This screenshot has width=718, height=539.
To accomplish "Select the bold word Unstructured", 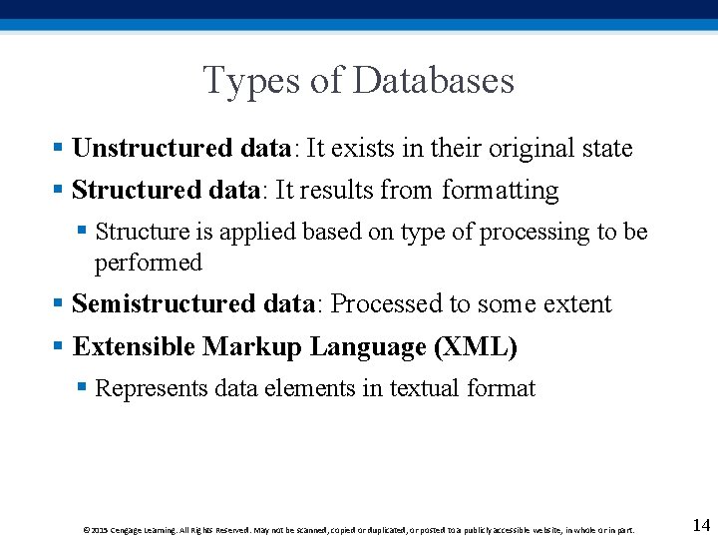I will click(x=152, y=149).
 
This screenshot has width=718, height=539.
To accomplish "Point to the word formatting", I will click(x=501, y=191).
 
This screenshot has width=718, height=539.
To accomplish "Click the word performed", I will click(x=149, y=264).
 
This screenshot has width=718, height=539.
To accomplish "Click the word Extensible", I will click(x=134, y=347).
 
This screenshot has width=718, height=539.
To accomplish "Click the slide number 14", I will click(x=700, y=525).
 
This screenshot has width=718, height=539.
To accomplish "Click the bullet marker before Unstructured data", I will click(x=59, y=149).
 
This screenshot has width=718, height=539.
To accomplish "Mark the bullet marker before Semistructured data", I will click(x=59, y=303).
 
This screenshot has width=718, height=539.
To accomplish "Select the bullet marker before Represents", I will click(x=83, y=387).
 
